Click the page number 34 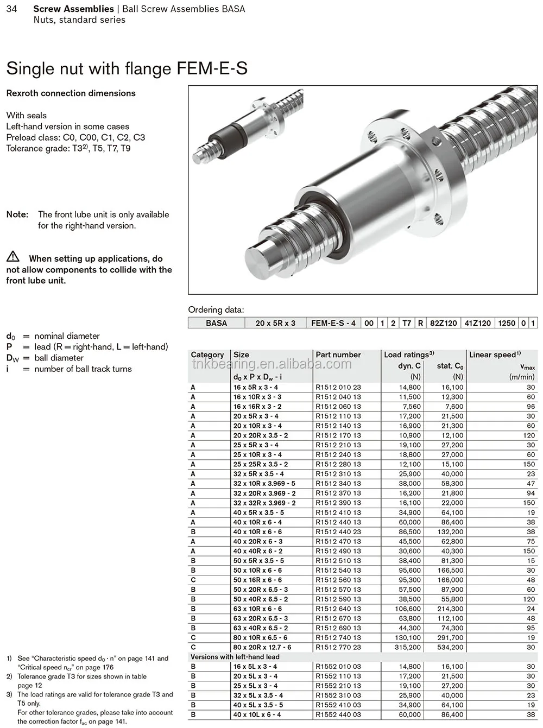click(x=11, y=9)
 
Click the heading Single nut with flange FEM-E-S click(x=127, y=68)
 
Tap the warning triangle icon click(x=13, y=257)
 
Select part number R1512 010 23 click(x=338, y=388)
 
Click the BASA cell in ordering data click(x=216, y=323)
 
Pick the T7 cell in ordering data click(x=406, y=323)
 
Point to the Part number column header click(x=338, y=354)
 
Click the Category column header click(x=207, y=354)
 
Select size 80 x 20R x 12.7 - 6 click(x=262, y=647)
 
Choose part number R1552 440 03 click(x=338, y=715)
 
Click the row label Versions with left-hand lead click(x=235, y=657)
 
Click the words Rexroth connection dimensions click(x=71, y=93)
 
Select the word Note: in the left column click(x=17, y=214)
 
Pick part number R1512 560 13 click(x=338, y=580)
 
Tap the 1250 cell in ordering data click(x=506, y=323)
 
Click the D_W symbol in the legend click(x=12, y=358)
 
